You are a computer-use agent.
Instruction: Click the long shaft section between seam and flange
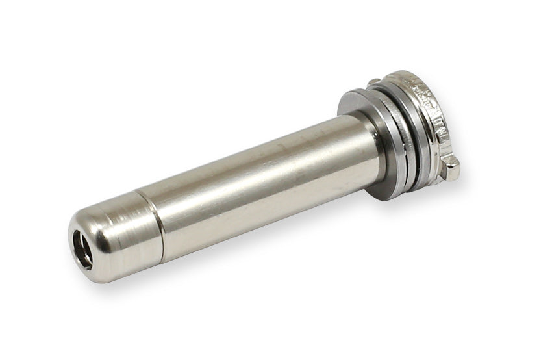[x=260, y=182]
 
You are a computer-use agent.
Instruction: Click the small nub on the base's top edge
[x=374, y=81]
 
